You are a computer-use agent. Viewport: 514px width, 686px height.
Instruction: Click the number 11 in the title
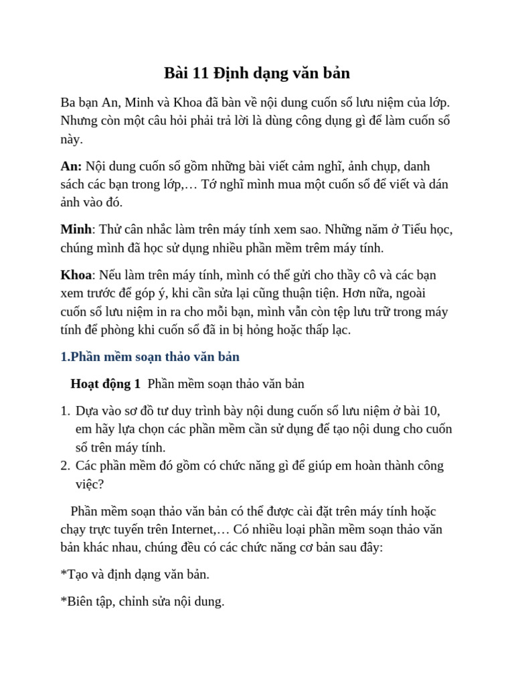tap(201, 73)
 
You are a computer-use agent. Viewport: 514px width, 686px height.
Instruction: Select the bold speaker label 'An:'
tap(71, 166)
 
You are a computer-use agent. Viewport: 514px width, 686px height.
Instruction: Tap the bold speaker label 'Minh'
tap(76, 229)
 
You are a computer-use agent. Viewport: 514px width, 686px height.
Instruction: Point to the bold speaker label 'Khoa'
tap(76, 275)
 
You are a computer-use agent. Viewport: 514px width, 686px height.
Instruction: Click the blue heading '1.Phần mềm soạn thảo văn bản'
tap(150, 356)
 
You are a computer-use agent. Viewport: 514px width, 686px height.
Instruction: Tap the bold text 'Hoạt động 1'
tap(106, 384)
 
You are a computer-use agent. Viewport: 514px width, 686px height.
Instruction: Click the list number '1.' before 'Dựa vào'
tap(65, 411)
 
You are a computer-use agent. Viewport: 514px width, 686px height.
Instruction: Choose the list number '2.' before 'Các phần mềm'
tap(65, 466)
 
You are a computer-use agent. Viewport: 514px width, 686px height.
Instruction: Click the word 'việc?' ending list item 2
tap(90, 484)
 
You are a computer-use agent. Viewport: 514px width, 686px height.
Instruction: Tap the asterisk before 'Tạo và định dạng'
tap(63, 573)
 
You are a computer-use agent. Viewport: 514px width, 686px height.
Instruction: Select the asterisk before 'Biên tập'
tap(63, 600)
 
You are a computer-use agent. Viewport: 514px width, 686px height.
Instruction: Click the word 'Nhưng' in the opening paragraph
tap(79, 121)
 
